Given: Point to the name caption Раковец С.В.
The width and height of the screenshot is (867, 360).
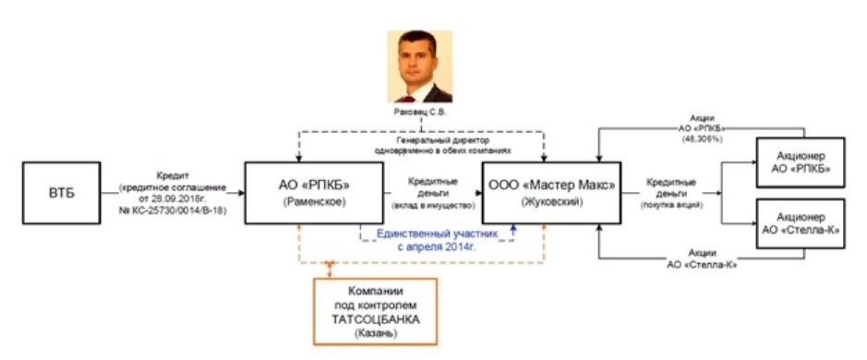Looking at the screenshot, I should (x=420, y=114).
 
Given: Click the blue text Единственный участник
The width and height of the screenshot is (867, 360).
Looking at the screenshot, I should (x=434, y=235).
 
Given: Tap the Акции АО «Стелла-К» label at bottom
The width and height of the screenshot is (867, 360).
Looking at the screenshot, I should (x=683, y=259).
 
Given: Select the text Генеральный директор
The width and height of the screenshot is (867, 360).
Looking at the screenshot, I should (x=420, y=140).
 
